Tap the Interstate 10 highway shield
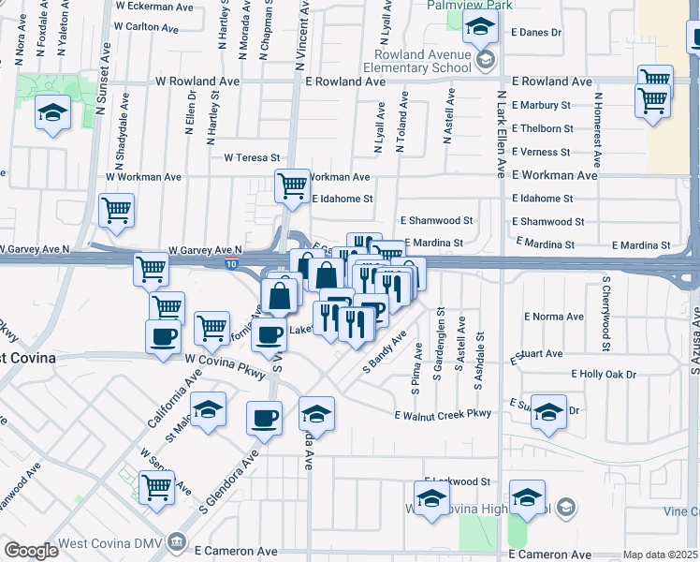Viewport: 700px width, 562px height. (231, 266)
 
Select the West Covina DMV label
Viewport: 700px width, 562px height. (109, 543)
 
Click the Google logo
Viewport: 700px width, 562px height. (31, 551)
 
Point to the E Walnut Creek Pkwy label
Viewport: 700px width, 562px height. (443, 414)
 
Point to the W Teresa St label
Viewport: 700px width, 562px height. (252, 157)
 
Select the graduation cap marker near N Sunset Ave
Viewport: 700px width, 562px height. (52, 114)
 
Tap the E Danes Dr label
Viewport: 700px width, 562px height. (536, 33)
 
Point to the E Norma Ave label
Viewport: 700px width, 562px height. (554, 318)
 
